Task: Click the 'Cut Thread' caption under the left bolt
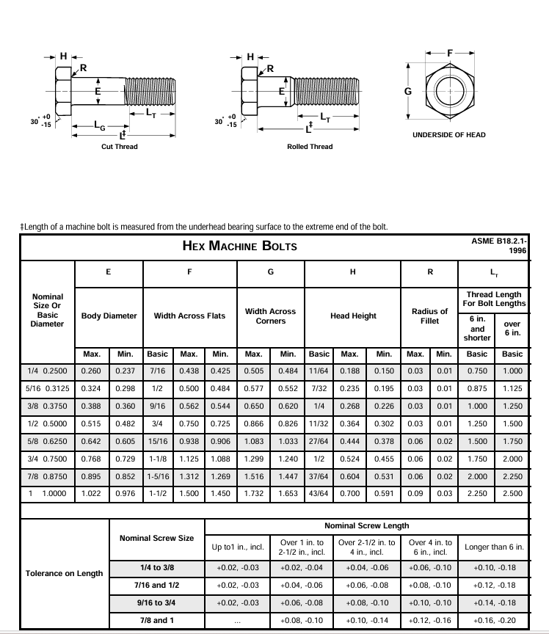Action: pyautogui.click(x=119, y=147)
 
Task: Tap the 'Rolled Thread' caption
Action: pyautogui.click(x=310, y=147)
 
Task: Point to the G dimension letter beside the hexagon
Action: pyautogui.click(x=408, y=92)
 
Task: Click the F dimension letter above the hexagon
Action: pyautogui.click(x=451, y=53)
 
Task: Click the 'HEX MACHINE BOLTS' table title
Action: pyautogui.click(x=239, y=246)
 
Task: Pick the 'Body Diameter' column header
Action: pyautogui.click(x=109, y=316)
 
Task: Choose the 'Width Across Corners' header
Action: pyautogui.click(x=270, y=316)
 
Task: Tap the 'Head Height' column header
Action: pyautogui.click(x=353, y=316)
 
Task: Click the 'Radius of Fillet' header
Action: pyautogui.click(x=429, y=316)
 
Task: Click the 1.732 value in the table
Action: pyautogui.click(x=253, y=494)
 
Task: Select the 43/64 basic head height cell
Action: pyautogui.click(x=319, y=494)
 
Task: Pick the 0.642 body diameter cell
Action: pyautogui.click(x=92, y=441)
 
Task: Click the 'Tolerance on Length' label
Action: pyautogui.click(x=65, y=573)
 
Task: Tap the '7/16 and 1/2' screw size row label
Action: pyautogui.click(x=156, y=585)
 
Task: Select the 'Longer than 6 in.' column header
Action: pyautogui.click(x=494, y=547)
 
